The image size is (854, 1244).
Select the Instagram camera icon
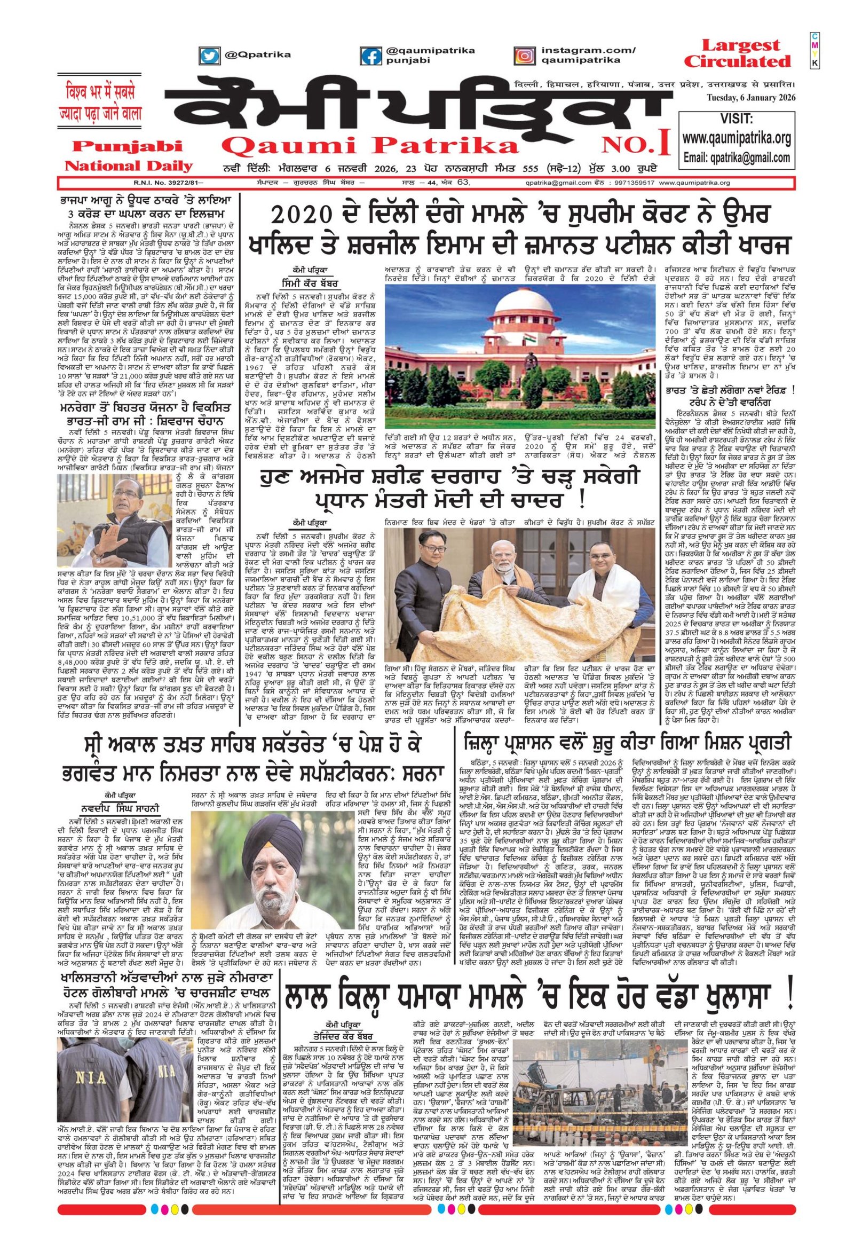coord(525,55)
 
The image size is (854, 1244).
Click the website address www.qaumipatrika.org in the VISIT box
coord(736,139)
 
